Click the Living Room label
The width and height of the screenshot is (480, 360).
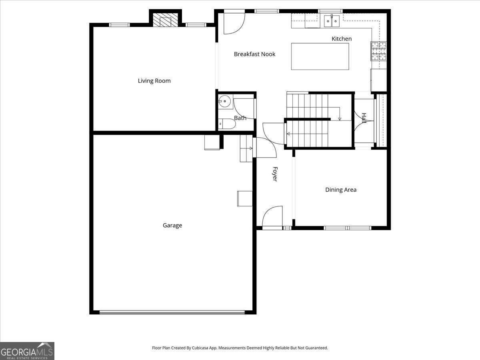pos(154,81)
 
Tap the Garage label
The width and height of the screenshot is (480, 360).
pos(172,225)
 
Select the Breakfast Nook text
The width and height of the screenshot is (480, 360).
pos(254,54)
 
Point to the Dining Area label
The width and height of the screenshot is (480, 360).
pos(341,190)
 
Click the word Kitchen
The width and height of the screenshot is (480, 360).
pos(342,39)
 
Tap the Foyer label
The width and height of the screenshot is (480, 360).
pos(275,174)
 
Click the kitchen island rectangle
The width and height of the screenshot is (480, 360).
pos(320,56)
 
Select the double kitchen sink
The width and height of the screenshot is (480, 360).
pos(332,21)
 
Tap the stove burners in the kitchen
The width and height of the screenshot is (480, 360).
pos(378,51)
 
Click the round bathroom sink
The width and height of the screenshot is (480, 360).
pos(224,101)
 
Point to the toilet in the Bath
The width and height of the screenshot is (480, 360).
pos(227,124)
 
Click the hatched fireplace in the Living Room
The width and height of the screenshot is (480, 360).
pos(165,20)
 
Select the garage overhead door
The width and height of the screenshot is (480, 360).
pos(172,312)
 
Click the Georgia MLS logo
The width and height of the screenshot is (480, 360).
pos(27,351)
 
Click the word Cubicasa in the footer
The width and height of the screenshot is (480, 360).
pos(200,348)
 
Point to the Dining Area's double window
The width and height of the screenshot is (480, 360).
pos(347,228)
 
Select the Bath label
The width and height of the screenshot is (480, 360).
pos(240,118)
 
